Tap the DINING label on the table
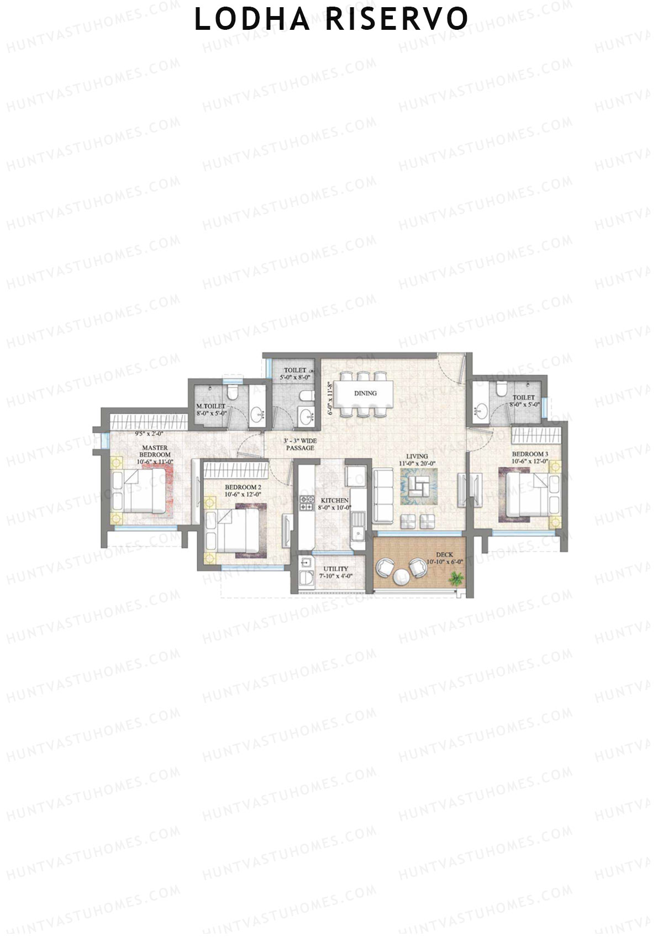365,393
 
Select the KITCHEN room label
335,500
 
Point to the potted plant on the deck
456,578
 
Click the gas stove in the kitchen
306,503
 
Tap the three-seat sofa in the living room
383,495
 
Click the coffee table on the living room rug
418,486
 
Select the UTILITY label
335,569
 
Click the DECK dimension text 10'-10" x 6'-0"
444,562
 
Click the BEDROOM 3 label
530,454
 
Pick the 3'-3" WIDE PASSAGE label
300,444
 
